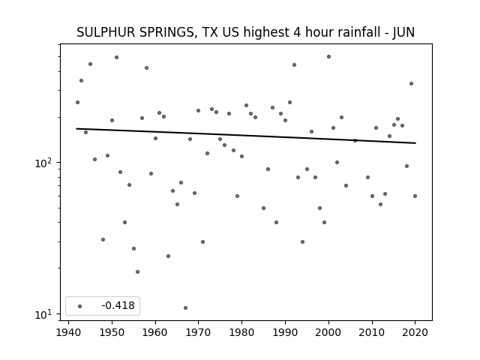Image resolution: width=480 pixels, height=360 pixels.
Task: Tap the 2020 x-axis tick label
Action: tap(415, 332)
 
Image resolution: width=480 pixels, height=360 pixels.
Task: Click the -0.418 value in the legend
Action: tap(118, 305)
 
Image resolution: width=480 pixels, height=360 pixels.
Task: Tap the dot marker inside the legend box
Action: tap(80, 306)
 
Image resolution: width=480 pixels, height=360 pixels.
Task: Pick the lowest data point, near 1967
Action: tap(185, 307)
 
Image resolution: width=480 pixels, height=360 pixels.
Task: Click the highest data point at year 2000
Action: tap(328, 57)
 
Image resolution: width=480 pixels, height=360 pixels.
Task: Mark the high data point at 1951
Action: tap(117, 57)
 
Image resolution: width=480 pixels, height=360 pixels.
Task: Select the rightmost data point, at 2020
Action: tap(415, 196)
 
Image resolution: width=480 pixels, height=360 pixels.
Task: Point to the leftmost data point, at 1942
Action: tap(78, 102)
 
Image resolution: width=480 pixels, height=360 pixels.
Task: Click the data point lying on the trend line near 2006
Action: tap(355, 140)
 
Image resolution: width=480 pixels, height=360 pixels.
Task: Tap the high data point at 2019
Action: tap(412, 83)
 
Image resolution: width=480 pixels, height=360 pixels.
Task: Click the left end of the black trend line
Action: tap(76, 128)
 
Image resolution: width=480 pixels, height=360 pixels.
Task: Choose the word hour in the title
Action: tap(319, 32)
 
